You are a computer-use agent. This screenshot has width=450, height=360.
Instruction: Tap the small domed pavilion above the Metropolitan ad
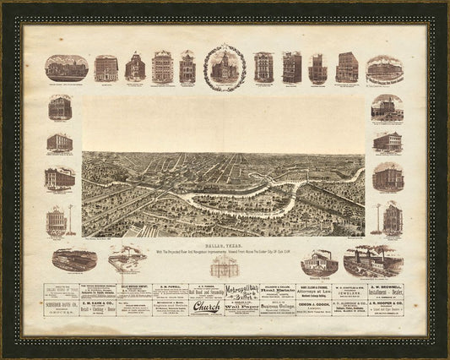tap(225, 265)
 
